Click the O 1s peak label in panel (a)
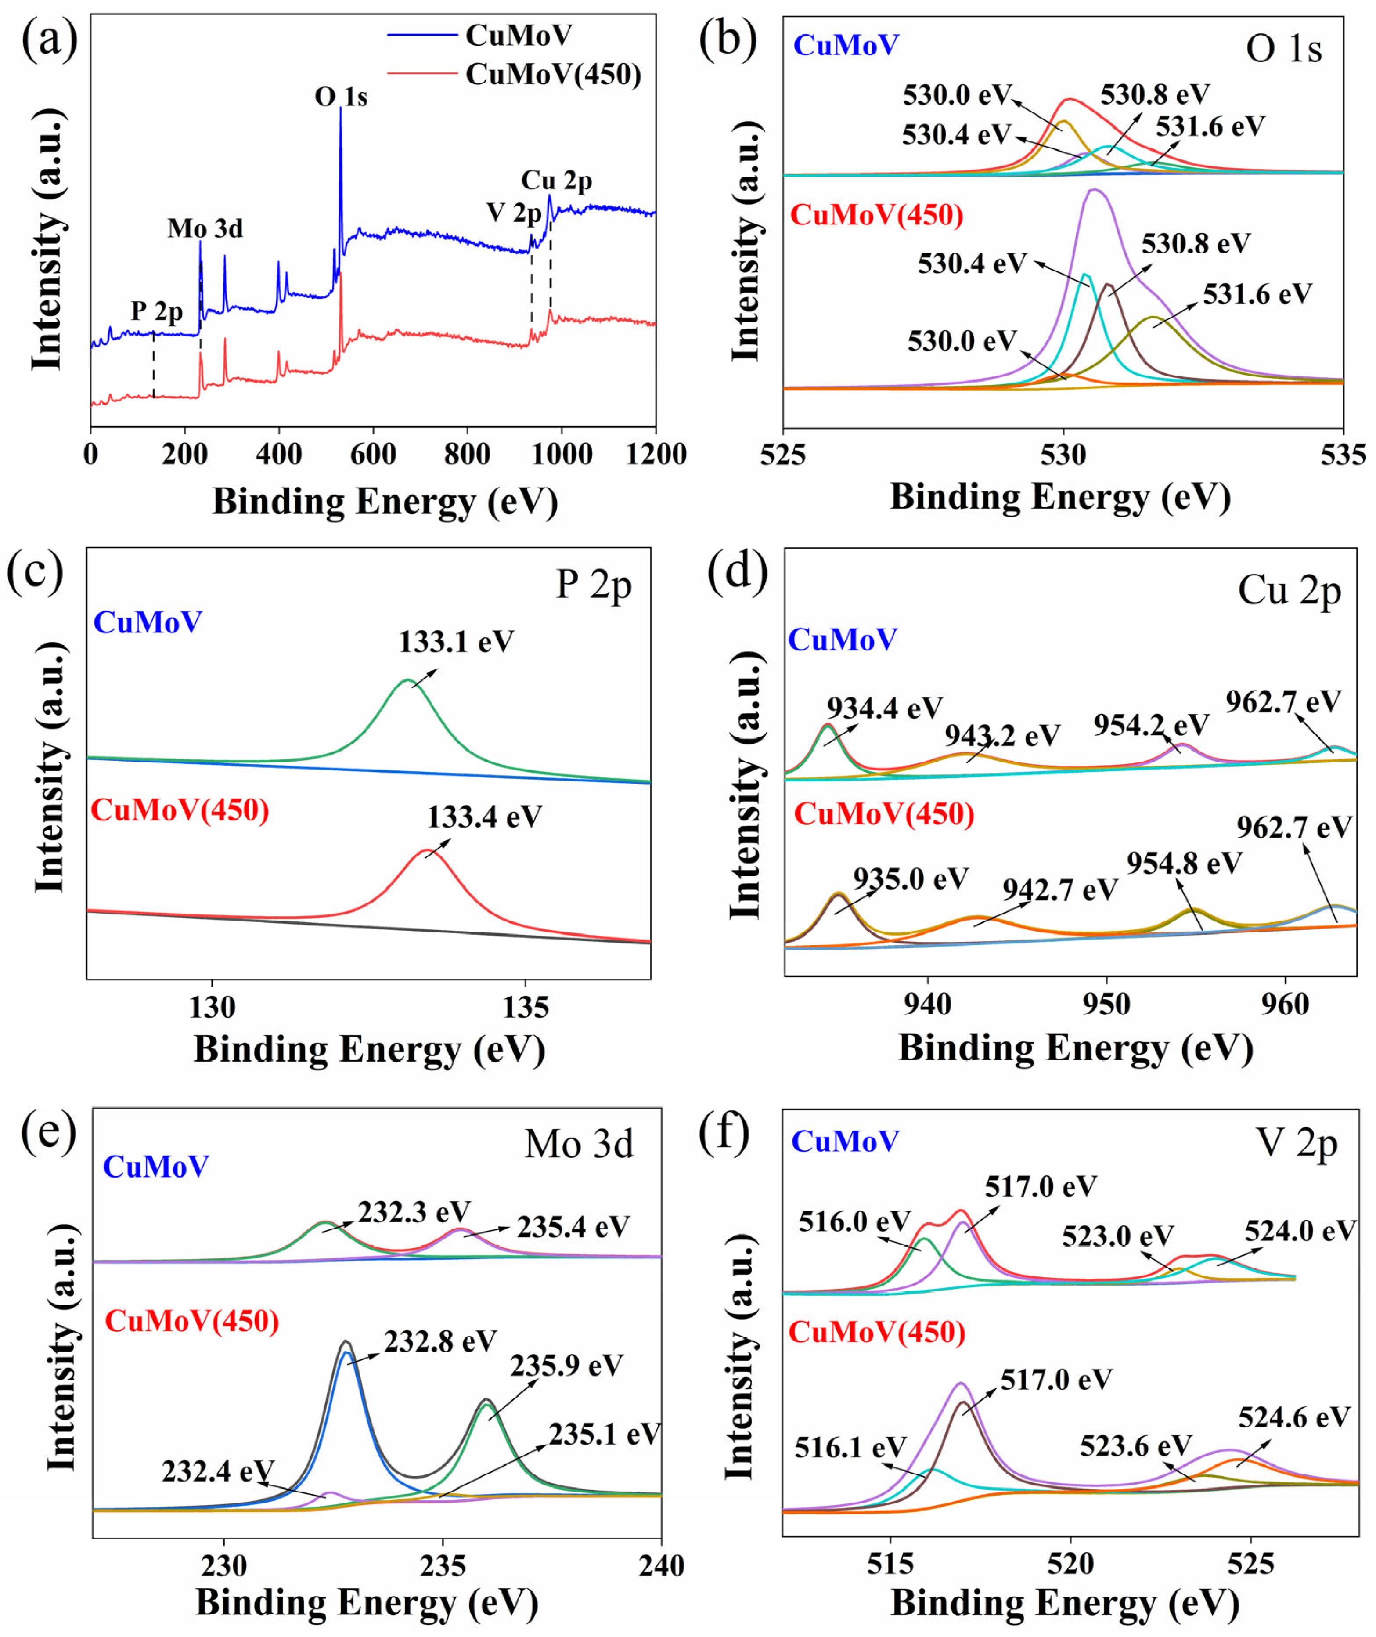pyautogui.click(x=341, y=97)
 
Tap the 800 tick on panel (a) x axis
pyautogui.click(x=466, y=454)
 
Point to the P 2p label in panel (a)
pyautogui.click(x=157, y=311)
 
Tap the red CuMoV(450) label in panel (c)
pyautogui.click(x=180, y=810)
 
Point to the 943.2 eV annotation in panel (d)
pyautogui.click(x=1002, y=735)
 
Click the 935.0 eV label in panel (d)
pyautogui.click(x=910, y=879)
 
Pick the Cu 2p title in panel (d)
pyautogui.click(x=1289, y=592)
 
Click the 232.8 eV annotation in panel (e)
pyautogui.click(x=440, y=1341)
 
